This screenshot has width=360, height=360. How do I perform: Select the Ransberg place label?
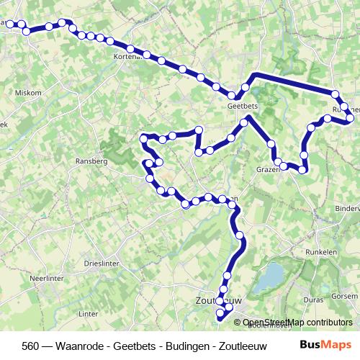(x=91, y=162)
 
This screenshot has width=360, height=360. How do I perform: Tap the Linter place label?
(x=88, y=314)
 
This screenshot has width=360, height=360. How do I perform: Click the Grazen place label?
(x=266, y=170)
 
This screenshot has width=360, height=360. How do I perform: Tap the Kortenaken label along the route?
(x=127, y=55)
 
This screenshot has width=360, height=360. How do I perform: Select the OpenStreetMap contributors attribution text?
(x=297, y=323)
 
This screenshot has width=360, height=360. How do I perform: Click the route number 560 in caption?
(x=31, y=345)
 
